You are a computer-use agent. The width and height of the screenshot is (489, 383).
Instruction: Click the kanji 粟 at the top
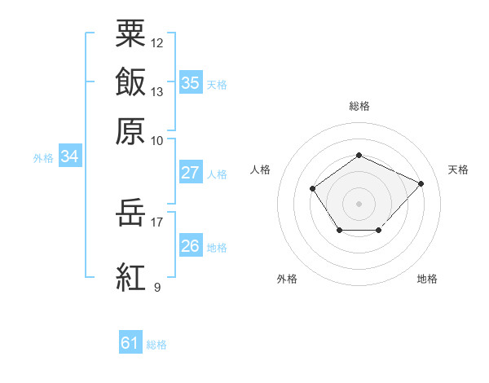tap(130, 33)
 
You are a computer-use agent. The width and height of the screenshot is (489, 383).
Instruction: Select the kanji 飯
tap(130, 81)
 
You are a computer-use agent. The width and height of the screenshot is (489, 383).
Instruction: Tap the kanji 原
tap(130, 131)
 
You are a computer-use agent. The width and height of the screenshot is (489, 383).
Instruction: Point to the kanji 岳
tap(130, 213)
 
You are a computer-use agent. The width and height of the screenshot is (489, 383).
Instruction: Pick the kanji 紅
tap(130, 277)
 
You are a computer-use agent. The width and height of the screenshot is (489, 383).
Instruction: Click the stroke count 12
tap(156, 43)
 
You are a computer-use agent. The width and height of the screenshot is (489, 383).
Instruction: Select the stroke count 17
tap(156, 222)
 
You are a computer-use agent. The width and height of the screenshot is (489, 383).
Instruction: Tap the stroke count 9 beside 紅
tap(157, 287)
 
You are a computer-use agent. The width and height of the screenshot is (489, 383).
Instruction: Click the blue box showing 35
tap(191, 82)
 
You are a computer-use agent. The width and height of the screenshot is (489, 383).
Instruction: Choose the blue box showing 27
tap(191, 172)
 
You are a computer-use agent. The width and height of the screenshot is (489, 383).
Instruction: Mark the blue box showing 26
tap(191, 244)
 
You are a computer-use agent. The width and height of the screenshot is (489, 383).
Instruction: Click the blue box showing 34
tap(70, 156)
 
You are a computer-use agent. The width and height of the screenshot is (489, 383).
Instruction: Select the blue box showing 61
tap(130, 341)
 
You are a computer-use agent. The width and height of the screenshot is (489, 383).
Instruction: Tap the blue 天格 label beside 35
tap(217, 85)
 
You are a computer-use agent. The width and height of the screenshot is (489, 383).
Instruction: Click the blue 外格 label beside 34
tap(43, 158)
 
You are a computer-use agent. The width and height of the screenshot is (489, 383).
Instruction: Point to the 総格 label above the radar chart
tap(359, 106)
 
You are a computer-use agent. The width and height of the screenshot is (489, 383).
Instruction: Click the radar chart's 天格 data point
tap(421, 183)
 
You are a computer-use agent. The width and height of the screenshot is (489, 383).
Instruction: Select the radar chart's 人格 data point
tap(312, 188)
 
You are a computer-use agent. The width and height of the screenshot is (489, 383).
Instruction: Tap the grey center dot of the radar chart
tap(359, 204)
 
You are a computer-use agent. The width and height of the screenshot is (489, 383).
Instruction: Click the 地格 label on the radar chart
tap(427, 279)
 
